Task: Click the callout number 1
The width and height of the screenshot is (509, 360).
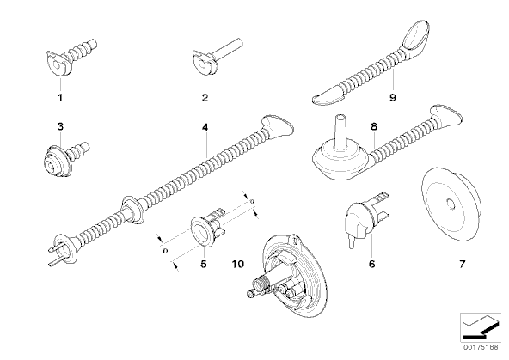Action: coord(60,97)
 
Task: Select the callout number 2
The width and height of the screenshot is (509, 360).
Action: coord(205,97)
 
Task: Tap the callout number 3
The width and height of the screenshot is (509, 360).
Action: coord(60,126)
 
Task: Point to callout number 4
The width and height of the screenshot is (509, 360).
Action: coord(205,127)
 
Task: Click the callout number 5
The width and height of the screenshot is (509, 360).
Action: coord(204,264)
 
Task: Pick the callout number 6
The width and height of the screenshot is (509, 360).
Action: coord(372,264)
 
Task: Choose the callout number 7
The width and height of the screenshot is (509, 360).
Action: coord(463,264)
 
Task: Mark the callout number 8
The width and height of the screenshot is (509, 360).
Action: coord(374,126)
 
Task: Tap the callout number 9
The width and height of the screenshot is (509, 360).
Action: coord(393,97)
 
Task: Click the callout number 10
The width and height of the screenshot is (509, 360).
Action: coord(238,264)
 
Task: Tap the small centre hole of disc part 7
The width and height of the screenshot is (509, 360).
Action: coord(451,204)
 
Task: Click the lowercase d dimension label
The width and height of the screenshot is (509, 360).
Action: coord(252,201)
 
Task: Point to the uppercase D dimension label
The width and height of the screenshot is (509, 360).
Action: coord(165,251)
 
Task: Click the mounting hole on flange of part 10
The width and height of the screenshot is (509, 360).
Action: coord(295,241)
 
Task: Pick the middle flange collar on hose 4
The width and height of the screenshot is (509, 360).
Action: coord(133,210)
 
